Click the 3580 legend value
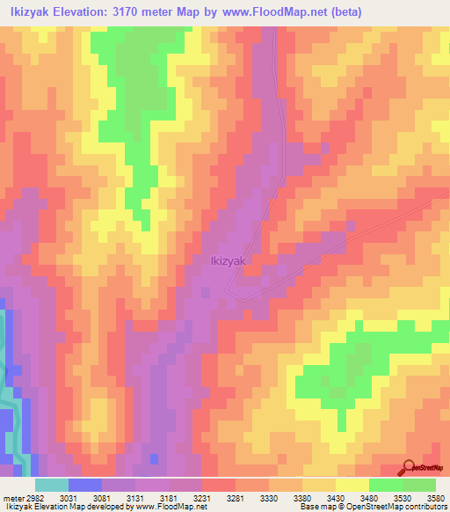437,497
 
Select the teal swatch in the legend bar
52,485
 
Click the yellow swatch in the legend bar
352,485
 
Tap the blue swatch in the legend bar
85,485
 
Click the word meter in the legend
12,497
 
